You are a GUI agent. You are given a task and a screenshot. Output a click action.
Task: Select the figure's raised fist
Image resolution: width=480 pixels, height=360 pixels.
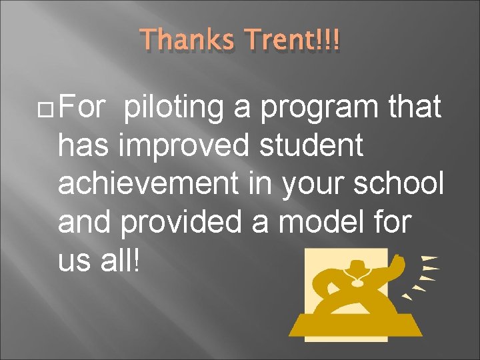click(399, 262)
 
